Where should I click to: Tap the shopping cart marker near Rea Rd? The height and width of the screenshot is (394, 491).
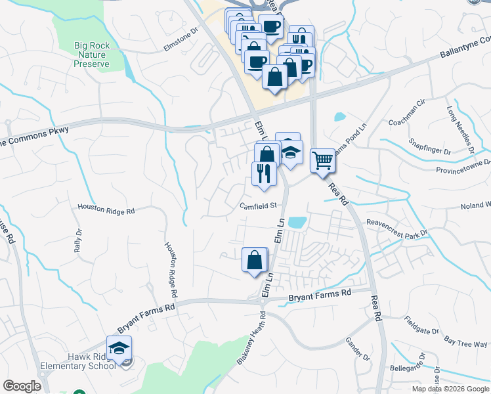click(322, 161)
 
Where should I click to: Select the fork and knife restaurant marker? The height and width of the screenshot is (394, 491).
click(263, 175)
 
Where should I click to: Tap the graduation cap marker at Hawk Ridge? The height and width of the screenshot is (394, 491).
click(119, 348)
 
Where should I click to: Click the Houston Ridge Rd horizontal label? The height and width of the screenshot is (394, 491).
click(106, 210)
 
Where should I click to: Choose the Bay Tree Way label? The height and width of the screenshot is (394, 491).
click(465, 341)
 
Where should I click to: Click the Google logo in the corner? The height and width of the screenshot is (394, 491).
click(22, 386)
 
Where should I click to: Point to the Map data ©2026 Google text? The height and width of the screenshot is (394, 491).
click(451, 389)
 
